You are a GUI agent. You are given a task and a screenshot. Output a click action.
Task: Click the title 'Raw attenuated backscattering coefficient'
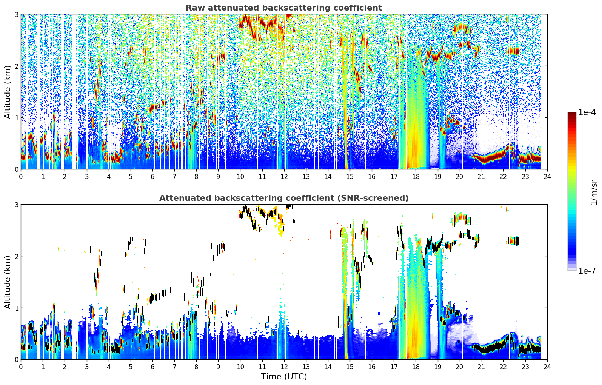point(284,8)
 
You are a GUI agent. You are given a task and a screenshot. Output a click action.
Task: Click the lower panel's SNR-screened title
point(284,198)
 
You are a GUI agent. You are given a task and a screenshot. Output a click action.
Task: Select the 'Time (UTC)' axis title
point(284,376)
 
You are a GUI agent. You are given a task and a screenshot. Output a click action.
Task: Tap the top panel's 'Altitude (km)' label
point(7,92)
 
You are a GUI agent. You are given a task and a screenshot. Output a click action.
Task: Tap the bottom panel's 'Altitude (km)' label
point(7,282)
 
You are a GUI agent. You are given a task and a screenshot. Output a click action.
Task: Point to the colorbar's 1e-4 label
point(587,112)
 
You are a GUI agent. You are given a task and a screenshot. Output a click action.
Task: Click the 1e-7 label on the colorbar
point(587,271)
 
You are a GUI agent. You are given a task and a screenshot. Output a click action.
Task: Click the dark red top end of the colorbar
point(572,114)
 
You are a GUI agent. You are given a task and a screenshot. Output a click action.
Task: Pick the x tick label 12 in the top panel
point(284,177)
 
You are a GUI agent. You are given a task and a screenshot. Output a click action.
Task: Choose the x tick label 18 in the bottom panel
point(416,367)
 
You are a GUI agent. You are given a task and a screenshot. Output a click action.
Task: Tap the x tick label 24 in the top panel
point(547,177)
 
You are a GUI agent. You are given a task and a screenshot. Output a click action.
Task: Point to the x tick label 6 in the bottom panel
point(152,367)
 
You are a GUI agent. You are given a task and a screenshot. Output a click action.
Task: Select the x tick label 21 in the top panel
point(481,177)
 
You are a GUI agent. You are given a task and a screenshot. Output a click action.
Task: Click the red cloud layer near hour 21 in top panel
point(487,159)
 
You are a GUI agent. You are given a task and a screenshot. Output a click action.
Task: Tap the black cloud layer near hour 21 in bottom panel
point(487,349)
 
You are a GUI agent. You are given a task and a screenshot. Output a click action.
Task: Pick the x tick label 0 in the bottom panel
point(21,367)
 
